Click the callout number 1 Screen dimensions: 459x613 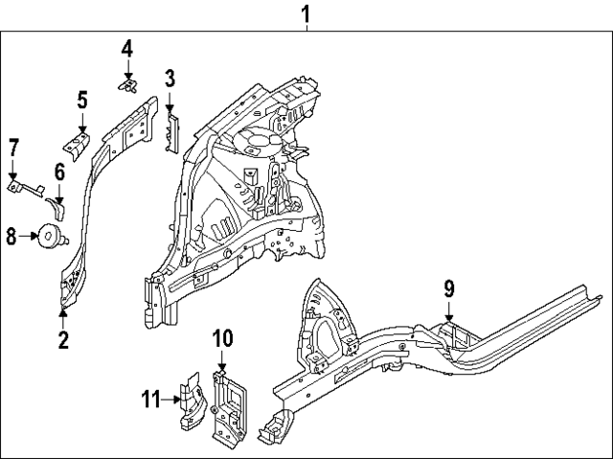(x=306, y=13)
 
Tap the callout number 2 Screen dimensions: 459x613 (x=63, y=338)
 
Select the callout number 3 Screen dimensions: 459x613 (x=169, y=78)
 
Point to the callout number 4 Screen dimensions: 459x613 (x=127, y=48)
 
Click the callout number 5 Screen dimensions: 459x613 (x=82, y=99)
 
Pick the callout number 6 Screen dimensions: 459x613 (x=58, y=172)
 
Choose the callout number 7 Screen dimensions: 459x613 (x=13, y=147)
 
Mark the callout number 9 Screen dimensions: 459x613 (x=448, y=287)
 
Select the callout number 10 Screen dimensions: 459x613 (x=221, y=337)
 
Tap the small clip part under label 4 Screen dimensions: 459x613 (x=125, y=85)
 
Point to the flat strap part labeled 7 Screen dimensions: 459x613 (x=26, y=188)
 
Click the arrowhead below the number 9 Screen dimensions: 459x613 (x=448, y=311)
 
